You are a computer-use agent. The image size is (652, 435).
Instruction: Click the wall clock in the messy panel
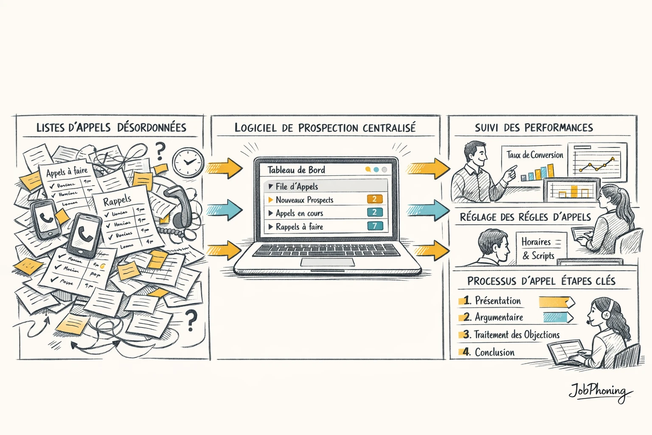(188, 162)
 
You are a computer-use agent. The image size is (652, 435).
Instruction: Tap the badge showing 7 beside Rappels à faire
(375, 226)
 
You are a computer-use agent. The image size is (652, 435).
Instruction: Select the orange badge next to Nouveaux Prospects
(374, 199)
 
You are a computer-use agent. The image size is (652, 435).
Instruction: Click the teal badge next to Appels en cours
(374, 212)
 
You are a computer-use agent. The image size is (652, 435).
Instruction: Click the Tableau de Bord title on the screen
(296, 170)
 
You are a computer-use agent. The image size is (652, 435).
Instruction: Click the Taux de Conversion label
(535, 155)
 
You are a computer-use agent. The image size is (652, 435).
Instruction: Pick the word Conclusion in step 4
(495, 352)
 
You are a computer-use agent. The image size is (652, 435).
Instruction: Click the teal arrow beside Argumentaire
(557, 317)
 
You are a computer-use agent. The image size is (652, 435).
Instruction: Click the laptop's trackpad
(328, 262)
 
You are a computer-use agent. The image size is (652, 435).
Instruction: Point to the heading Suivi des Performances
(534, 127)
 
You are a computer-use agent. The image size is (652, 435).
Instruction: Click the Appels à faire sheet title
(67, 172)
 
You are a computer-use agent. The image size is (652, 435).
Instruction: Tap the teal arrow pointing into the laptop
(225, 209)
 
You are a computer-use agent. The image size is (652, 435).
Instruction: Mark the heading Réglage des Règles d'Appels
(525, 217)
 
